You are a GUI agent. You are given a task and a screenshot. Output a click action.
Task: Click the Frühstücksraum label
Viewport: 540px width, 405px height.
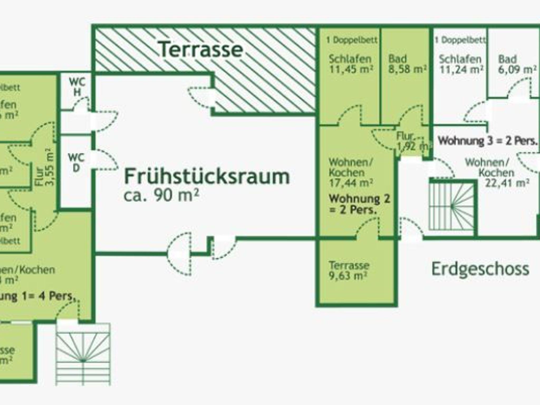point(207,177)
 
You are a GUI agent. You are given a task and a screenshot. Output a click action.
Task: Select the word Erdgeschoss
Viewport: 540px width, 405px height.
point(480,269)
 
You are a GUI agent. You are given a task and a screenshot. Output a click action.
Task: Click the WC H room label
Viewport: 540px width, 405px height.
point(77,87)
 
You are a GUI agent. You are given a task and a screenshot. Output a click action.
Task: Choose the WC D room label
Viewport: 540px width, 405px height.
point(76,163)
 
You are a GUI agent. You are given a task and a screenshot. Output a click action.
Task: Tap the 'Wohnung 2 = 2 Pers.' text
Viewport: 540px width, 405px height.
point(359,204)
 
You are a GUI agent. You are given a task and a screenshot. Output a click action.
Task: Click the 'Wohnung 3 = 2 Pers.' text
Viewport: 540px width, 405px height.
point(488,141)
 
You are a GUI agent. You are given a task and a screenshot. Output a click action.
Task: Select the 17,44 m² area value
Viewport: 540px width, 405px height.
point(351,183)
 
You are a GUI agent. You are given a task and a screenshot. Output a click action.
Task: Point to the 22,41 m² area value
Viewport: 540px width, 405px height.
point(507,183)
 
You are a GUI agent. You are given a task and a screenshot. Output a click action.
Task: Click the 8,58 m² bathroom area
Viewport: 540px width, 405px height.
point(407,69)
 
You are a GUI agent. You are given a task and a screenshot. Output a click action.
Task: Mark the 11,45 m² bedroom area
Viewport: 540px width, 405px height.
point(351,69)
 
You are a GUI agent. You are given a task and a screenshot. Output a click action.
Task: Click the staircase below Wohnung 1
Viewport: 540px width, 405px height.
point(83,354)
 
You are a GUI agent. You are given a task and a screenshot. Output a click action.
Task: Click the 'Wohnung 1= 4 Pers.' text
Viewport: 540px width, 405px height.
point(37,297)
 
